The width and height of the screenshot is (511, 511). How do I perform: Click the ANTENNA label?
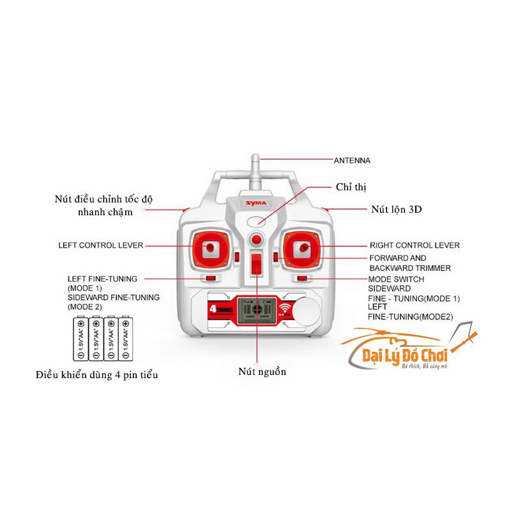pos(353,160)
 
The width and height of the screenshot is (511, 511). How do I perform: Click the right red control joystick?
pos(303,247)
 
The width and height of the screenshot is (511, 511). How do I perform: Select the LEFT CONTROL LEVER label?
pos(100,245)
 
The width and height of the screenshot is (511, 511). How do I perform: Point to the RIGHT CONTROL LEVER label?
pos(415,245)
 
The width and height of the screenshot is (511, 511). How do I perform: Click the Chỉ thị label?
pos(351,187)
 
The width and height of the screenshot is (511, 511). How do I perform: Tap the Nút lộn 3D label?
pos(397,209)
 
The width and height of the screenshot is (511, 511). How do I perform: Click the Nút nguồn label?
pos(263,372)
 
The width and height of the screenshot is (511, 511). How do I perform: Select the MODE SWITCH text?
pos(396,279)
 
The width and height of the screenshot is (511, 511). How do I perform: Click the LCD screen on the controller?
pos(256,310)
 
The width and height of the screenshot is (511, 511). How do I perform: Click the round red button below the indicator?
pos(256,240)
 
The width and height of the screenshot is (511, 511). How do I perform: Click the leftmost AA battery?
pos(80,339)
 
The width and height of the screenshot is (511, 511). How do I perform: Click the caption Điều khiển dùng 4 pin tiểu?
pos(97,375)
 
